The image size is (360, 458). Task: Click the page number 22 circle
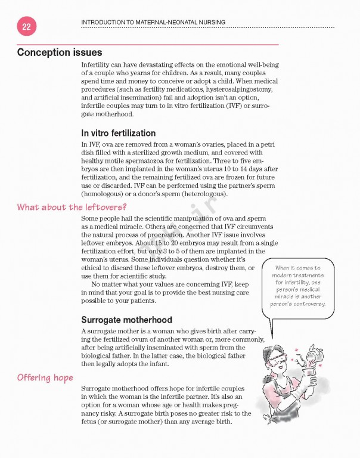tap(26, 27)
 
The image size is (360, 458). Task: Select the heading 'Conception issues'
tap(60, 52)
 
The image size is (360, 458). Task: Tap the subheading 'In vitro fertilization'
tap(118, 133)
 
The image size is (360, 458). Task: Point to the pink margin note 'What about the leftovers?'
tap(67, 208)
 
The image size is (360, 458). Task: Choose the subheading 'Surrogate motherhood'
tap(126, 320)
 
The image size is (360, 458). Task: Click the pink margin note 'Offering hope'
tap(45, 377)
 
